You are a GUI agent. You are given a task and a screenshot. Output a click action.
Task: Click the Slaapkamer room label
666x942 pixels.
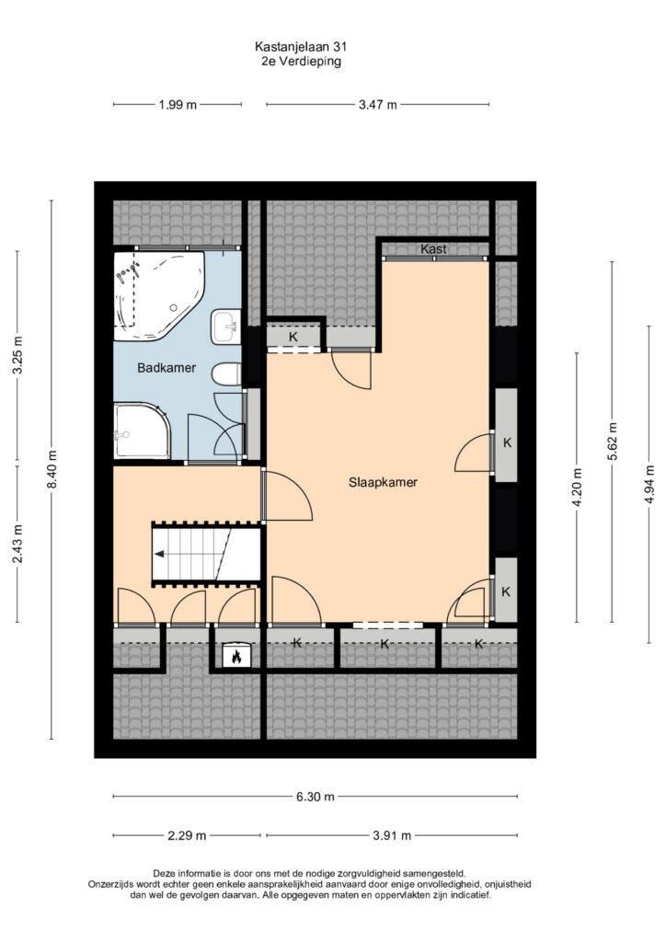(x=383, y=482)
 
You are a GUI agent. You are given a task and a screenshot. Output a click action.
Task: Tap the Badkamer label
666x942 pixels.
(x=166, y=368)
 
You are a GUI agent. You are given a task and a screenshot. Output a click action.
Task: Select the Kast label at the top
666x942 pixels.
(x=433, y=248)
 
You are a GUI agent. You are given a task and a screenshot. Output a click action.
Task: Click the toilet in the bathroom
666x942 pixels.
(x=226, y=374)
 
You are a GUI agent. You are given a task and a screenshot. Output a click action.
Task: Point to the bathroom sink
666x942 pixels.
(x=225, y=327)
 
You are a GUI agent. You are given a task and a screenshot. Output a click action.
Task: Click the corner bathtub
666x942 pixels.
(x=159, y=295)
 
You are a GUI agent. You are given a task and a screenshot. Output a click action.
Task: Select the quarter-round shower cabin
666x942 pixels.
(x=142, y=431)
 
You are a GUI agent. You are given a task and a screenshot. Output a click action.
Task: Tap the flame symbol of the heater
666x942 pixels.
(x=236, y=656)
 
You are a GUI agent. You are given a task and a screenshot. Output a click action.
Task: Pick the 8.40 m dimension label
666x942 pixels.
(x=52, y=469)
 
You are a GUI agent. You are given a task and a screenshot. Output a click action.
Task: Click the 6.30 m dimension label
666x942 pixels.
(x=315, y=797)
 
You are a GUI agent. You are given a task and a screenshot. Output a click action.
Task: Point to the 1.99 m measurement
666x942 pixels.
(x=178, y=105)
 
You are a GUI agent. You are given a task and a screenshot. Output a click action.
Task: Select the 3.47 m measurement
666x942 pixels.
(x=378, y=105)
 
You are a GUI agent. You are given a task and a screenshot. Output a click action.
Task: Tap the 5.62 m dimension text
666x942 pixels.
(x=612, y=442)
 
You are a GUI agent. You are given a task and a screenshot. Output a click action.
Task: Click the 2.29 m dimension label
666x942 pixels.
(x=187, y=835)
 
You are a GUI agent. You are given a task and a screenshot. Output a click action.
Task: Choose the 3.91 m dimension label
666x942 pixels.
(x=392, y=835)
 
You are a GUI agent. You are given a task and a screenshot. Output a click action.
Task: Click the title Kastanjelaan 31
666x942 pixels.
(x=301, y=46)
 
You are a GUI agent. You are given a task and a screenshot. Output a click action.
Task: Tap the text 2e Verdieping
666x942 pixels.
(x=302, y=62)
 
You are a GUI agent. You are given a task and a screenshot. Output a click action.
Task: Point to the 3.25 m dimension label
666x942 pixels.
(x=17, y=354)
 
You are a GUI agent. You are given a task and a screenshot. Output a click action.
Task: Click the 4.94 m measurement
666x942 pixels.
(x=649, y=485)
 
